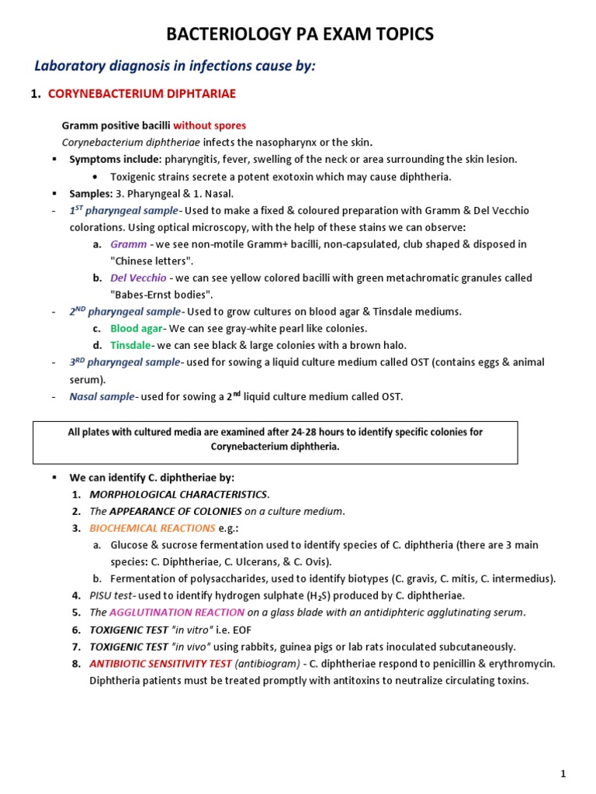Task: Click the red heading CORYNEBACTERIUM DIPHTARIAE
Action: [x=142, y=94]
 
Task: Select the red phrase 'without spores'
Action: [x=210, y=126]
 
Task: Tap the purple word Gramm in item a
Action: [x=129, y=243]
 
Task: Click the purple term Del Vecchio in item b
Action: [x=138, y=278]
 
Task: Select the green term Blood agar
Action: [x=136, y=329]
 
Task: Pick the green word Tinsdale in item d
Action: [x=130, y=345]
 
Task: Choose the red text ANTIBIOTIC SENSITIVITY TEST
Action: [x=172, y=664]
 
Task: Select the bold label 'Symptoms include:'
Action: [x=115, y=160]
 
